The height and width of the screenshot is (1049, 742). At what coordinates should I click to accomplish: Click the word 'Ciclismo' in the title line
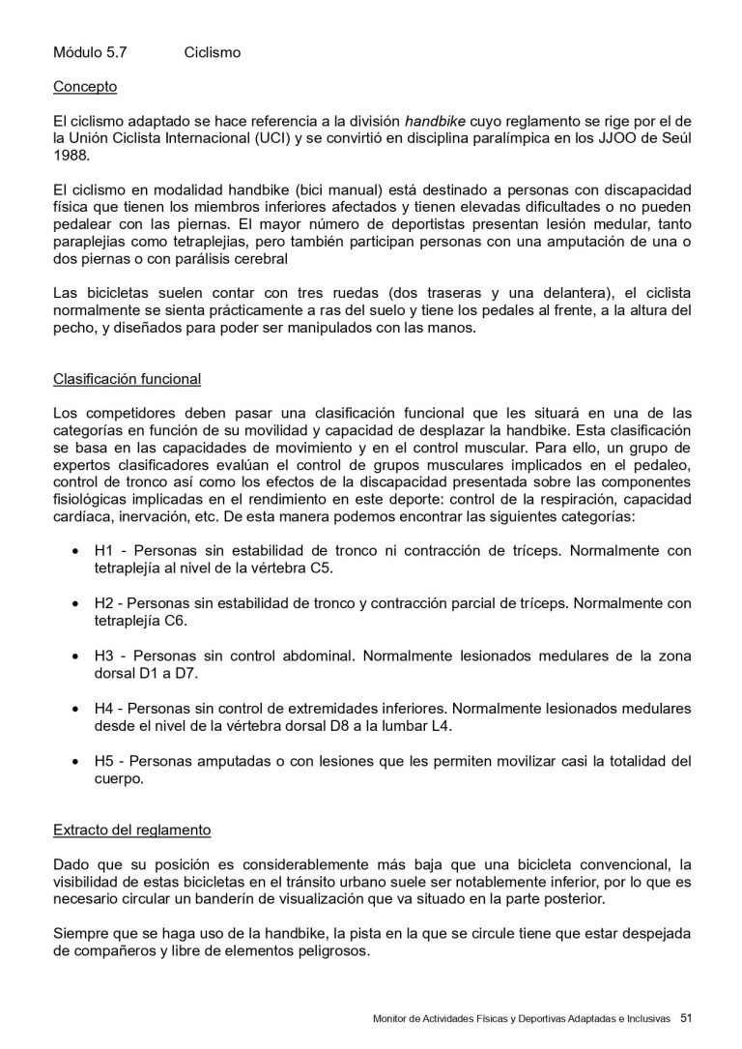212,52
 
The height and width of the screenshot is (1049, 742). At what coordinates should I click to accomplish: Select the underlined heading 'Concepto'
85,87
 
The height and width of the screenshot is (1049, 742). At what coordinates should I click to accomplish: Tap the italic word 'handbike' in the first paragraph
435,122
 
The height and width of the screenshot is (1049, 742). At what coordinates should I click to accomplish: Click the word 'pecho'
73,329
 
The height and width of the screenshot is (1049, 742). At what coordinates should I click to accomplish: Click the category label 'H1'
104,551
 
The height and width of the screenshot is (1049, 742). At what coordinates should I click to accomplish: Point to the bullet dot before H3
76,656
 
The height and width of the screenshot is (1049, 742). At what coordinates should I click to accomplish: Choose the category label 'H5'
104,761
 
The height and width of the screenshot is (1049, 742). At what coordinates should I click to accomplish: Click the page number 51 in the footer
687,1017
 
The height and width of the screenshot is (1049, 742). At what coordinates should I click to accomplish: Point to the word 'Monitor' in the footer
390,1018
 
